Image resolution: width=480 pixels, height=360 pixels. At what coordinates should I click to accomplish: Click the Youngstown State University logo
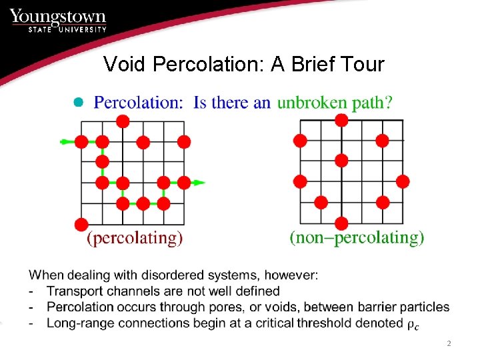point(59,20)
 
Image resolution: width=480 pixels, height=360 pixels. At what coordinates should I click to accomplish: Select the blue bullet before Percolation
point(77,102)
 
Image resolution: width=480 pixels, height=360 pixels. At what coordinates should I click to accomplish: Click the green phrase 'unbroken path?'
point(335,102)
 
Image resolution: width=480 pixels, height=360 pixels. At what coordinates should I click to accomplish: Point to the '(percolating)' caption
point(135,237)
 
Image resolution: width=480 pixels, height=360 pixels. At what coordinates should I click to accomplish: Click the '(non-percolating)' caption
point(357,237)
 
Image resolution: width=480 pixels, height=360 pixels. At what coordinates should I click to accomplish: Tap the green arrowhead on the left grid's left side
point(65,141)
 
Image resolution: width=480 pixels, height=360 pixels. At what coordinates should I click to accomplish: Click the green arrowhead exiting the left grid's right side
point(199,182)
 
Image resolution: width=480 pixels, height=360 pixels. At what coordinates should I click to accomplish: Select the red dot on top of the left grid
point(123,121)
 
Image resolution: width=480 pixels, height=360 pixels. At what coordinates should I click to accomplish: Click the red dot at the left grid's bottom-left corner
point(81,223)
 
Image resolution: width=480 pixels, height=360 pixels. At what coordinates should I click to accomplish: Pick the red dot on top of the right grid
point(341,120)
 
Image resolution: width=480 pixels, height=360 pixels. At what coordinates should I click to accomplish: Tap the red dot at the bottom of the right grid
point(341,223)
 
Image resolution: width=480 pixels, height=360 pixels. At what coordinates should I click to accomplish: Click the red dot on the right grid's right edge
point(402,181)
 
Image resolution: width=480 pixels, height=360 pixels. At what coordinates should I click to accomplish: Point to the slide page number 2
point(449,344)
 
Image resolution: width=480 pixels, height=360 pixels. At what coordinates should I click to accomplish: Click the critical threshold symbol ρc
point(413,324)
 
